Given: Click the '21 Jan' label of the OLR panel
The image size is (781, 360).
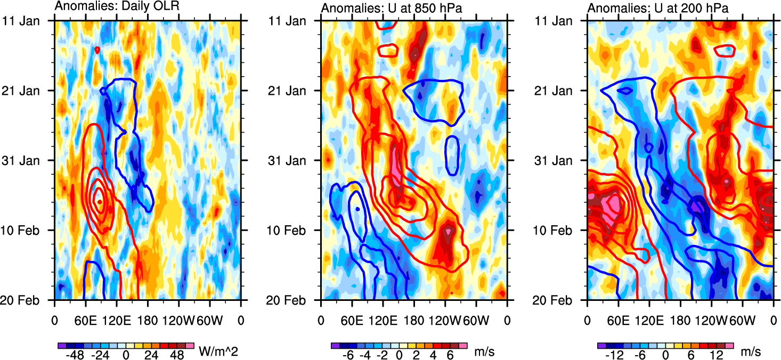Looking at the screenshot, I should coord(28,91).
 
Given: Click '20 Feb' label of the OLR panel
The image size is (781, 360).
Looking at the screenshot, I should coord(27,300).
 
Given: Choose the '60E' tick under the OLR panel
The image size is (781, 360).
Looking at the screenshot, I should coord(85,321).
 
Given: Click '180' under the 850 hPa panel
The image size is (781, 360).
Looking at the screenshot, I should coord(414,321).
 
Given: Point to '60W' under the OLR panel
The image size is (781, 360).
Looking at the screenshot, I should coord(209,321).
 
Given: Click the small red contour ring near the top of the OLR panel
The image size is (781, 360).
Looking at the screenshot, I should coord(97,50).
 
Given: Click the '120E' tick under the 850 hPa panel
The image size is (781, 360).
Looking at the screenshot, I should coord(383,321).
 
